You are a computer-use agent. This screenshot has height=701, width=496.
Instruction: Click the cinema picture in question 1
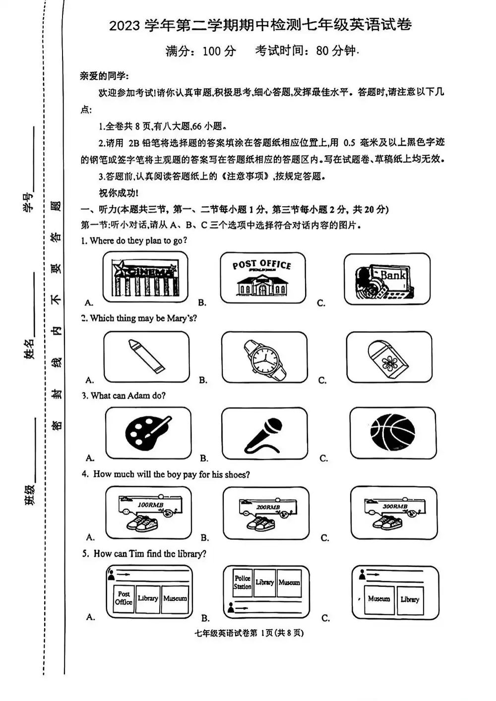145,278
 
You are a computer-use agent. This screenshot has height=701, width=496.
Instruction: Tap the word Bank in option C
393,274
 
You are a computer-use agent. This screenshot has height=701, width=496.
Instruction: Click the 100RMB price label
150,505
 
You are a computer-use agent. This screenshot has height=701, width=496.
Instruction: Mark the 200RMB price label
268,507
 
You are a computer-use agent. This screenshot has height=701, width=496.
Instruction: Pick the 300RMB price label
395,506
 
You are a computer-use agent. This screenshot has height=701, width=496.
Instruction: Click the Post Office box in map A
124,598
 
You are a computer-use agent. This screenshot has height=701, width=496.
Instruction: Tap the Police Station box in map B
243,583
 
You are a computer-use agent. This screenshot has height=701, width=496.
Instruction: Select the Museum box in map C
379,599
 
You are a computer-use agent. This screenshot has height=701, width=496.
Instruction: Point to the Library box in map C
410,600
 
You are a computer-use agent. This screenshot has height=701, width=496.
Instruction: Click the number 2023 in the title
124,25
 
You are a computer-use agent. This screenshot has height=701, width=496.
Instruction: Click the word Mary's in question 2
182,318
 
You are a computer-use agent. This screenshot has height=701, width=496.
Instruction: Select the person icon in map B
230,607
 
